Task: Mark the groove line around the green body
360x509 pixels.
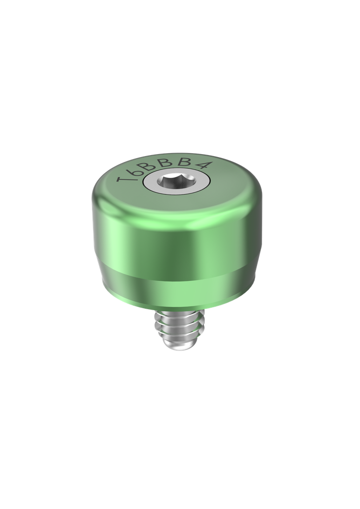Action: pyautogui.click(x=174, y=273)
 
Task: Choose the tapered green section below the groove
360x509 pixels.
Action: pyautogui.click(x=174, y=288)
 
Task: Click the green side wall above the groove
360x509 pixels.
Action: pyautogui.click(x=174, y=239)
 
